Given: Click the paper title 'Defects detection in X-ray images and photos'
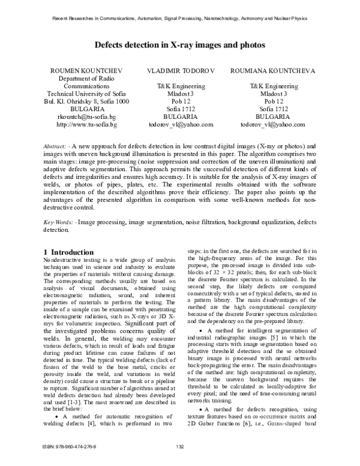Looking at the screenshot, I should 179,45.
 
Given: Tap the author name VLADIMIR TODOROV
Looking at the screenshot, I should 179,71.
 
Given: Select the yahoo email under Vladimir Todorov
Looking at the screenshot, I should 179,125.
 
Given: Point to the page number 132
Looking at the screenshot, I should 179,446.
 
